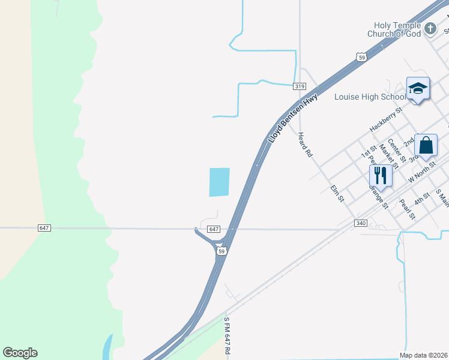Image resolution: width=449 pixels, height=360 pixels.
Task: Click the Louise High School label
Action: click(x=370, y=97)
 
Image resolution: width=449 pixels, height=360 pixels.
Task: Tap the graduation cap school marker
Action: click(x=418, y=89)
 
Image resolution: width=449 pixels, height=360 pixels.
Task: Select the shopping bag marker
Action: click(x=426, y=146)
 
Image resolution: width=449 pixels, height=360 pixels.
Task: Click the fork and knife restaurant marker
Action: click(x=381, y=175)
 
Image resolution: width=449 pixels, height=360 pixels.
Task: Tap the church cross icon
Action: click(x=430, y=28)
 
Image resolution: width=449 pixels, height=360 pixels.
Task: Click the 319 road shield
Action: click(x=300, y=86)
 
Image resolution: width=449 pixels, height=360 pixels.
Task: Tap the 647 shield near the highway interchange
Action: click(x=214, y=229)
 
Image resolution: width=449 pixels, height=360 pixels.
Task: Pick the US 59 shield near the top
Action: click(x=360, y=57)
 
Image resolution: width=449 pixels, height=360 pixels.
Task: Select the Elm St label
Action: click(x=337, y=193)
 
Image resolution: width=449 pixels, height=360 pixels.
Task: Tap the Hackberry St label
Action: click(x=384, y=124)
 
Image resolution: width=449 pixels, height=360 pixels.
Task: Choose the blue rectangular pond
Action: click(x=219, y=182)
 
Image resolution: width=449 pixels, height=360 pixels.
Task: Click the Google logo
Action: click(x=20, y=353)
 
